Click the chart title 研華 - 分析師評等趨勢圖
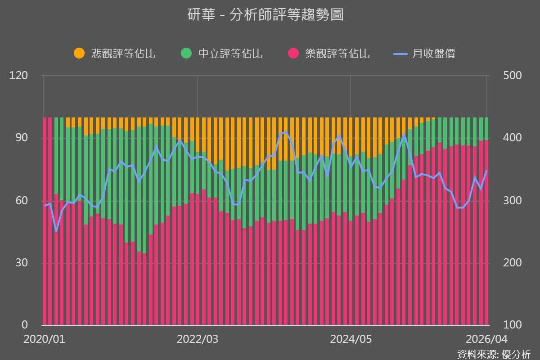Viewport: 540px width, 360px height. [265, 14]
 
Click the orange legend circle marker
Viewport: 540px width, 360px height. [79, 54]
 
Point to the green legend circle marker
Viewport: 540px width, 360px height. [186, 54]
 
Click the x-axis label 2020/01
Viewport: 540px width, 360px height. [44, 339]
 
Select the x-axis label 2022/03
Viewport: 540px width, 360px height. [197, 339]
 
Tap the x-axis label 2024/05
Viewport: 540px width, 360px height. [351, 339]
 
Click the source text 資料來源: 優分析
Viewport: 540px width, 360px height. [494, 354]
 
